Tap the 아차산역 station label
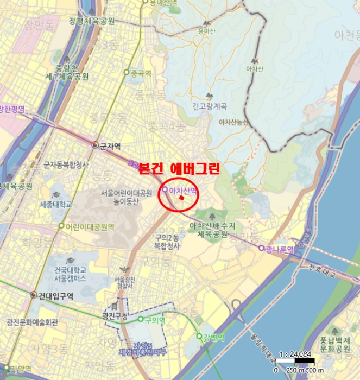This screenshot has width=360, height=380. tap(182, 191)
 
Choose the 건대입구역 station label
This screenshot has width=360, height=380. tap(55, 295)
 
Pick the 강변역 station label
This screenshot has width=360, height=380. tap(213, 337)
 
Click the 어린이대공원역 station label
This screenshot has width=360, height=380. tap(90, 226)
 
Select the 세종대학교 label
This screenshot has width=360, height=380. tap(56, 205)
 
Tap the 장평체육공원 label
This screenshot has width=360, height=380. tap(92, 21)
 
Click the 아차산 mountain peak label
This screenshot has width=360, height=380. tap(255, 69)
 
